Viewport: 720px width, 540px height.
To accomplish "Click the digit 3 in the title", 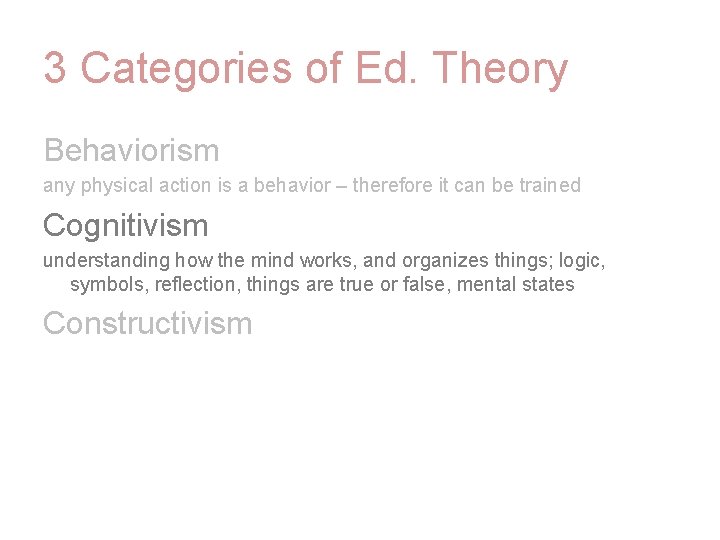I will point(55,69).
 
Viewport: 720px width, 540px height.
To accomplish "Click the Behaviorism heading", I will point(131,150).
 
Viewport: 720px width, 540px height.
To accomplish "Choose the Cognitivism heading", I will point(125,225).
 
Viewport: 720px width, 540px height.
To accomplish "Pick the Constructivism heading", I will point(147,323).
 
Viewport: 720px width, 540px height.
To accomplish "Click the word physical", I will point(114,186).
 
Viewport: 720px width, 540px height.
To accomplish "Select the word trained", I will point(549,186).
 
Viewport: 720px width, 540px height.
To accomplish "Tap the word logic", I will point(583,261).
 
